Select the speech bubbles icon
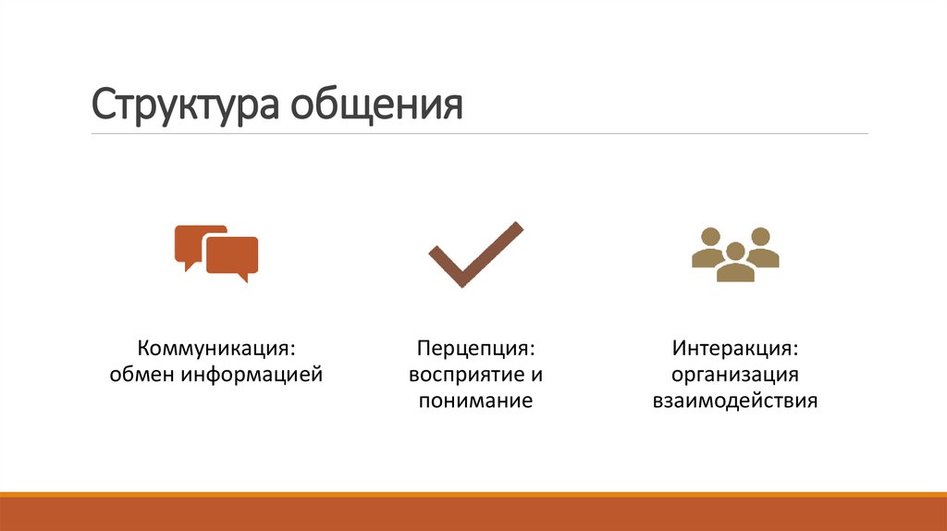[216, 253]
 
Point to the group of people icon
[735, 253]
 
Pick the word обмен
[141, 376]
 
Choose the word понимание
[475, 401]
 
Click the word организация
[735, 376]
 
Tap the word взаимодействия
[735, 401]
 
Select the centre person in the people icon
[735, 263]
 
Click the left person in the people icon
[708, 247]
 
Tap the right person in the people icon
[762, 247]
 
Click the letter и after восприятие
[535, 376]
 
